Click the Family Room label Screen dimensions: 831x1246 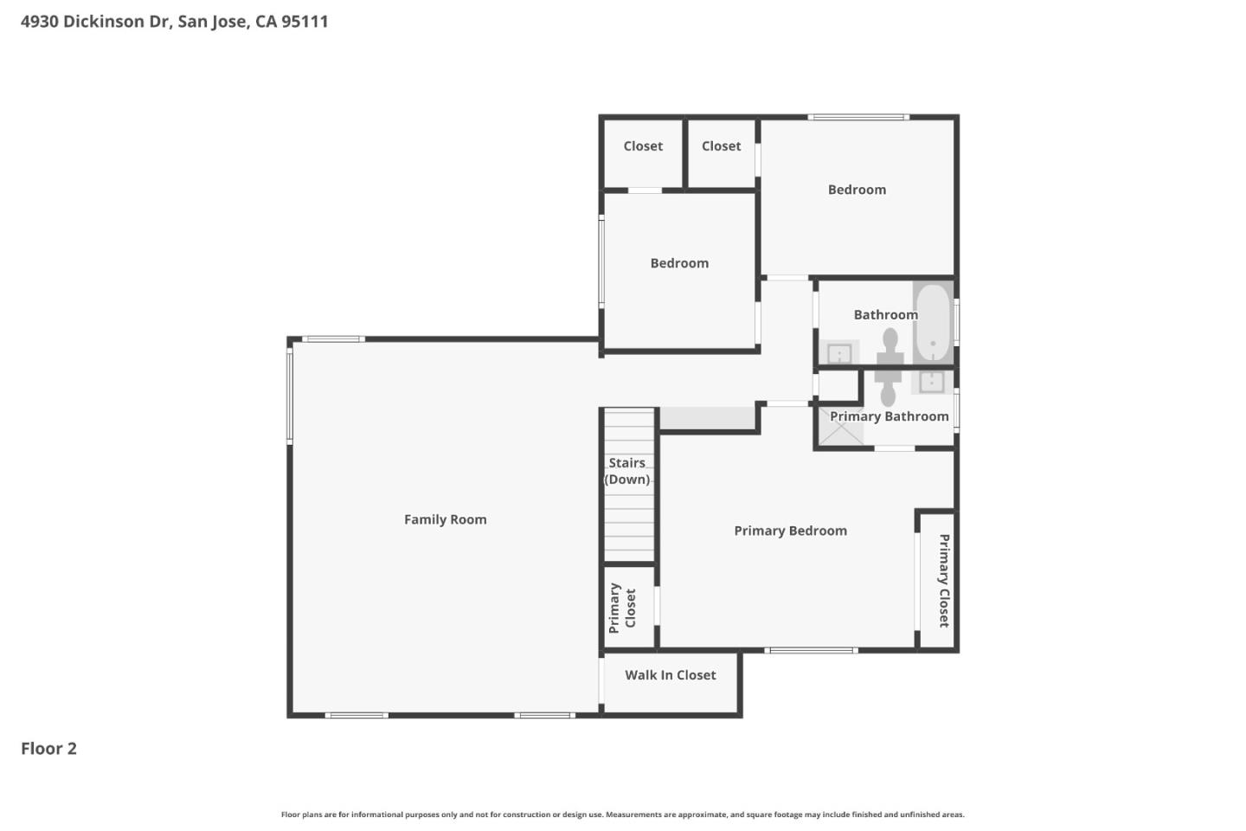pyautogui.click(x=445, y=519)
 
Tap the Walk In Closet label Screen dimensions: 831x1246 pyautogui.click(x=670, y=675)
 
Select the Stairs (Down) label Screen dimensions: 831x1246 pyautogui.click(x=627, y=471)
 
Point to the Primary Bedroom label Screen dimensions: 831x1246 pyautogui.click(x=790, y=531)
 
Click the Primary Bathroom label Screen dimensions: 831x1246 pyautogui.click(x=889, y=416)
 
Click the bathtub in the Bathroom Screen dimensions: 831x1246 pyautogui.click(x=933, y=322)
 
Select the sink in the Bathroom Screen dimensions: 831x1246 pyautogui.click(x=839, y=353)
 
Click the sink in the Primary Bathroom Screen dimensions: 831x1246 pyautogui.click(x=931, y=381)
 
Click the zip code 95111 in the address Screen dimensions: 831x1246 pyautogui.click(x=305, y=22)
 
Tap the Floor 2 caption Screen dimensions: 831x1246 pyautogui.click(x=48, y=749)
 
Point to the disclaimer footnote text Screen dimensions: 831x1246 pyautogui.click(x=622, y=815)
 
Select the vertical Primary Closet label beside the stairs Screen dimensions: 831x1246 pyautogui.click(x=622, y=608)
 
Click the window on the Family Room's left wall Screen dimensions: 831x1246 pyautogui.click(x=290, y=392)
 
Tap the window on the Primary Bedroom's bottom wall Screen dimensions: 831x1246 pyautogui.click(x=811, y=650)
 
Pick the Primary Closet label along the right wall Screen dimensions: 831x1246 pyautogui.click(x=943, y=580)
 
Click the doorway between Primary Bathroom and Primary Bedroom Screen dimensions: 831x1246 pyautogui.click(x=894, y=448)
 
